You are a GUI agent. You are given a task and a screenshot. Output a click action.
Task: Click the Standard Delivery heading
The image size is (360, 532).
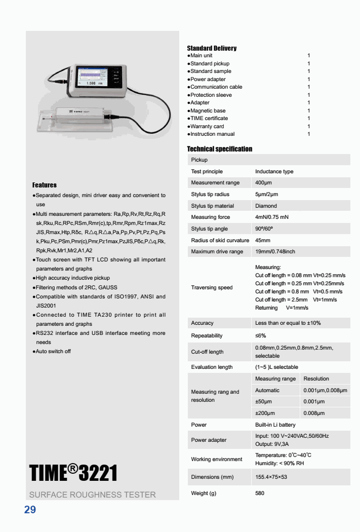coord(212,48)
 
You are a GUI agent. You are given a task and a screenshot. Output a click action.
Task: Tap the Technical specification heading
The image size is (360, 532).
coord(220,149)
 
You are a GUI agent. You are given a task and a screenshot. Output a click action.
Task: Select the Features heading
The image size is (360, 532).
coord(45,185)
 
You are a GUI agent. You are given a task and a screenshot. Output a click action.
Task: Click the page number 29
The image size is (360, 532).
coord(30,510)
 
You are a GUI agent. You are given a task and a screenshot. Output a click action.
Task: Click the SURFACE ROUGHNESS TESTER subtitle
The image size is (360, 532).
coord(93,495)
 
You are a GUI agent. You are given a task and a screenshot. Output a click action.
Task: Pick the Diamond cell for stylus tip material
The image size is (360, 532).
coord(266,206)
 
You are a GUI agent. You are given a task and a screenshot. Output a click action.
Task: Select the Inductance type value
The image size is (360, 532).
coord(274,172)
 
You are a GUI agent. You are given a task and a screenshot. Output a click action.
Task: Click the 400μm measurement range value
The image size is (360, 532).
coord(264,183)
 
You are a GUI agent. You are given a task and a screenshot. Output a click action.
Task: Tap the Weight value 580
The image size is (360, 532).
coord(260,493)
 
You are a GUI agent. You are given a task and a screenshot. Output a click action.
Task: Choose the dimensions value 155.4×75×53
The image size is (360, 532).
coord(271,477)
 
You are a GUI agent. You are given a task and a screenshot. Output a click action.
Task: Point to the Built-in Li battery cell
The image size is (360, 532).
coord(275,425)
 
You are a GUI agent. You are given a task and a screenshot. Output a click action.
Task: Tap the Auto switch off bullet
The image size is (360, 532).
coord(53,352)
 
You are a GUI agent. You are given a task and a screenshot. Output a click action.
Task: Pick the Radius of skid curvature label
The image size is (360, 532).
coord(220,240)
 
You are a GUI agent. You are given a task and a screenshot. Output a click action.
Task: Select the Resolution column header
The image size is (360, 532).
coord(316,378)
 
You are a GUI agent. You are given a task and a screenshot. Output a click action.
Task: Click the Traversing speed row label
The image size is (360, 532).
coord(212,288)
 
